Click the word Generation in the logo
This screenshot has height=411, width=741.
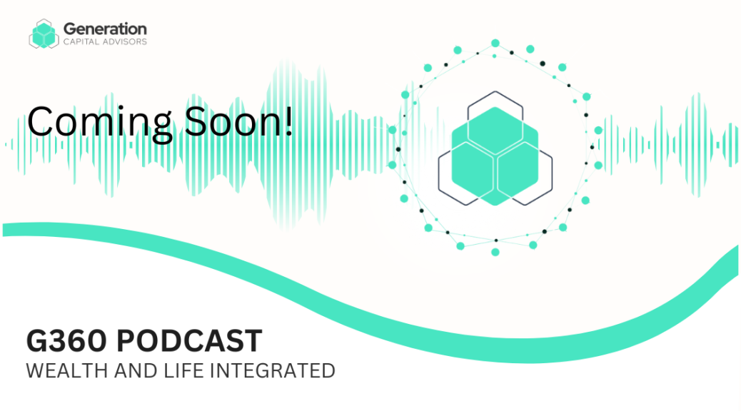(x=105, y=29)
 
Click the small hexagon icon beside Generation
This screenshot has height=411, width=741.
(x=44, y=34)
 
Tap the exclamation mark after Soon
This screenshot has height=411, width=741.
(x=288, y=121)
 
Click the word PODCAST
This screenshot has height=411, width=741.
(x=189, y=341)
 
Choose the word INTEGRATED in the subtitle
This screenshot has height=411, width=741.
(x=272, y=371)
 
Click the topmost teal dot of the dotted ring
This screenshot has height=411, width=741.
(x=495, y=43)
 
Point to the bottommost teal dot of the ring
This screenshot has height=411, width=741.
(x=495, y=253)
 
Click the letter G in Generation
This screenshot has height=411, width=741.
(x=69, y=29)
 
